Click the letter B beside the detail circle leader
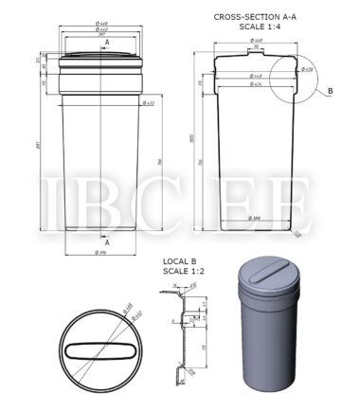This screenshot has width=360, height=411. [x=330, y=91]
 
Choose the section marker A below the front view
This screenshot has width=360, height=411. [x=106, y=242]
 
